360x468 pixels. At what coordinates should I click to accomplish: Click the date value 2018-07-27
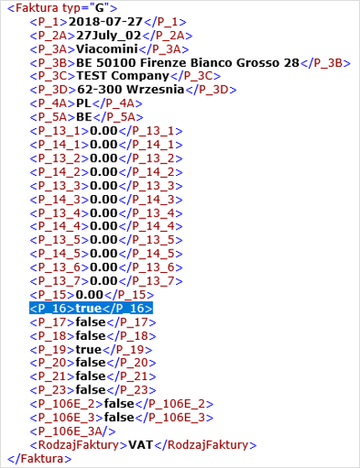[x=106, y=22]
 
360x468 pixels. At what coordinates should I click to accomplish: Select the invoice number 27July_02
[x=109, y=35]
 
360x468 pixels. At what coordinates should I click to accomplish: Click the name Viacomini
[x=107, y=49]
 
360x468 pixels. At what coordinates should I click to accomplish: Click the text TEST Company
[x=123, y=76]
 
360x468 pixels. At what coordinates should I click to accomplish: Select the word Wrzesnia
[x=155, y=90]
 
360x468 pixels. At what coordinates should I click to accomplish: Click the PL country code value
[x=84, y=103]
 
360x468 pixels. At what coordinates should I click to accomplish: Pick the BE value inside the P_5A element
[x=85, y=117]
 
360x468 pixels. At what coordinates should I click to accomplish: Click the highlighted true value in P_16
[x=89, y=308]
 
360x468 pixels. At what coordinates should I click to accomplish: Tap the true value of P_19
[x=89, y=349]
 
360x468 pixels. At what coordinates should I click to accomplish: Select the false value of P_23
[x=90, y=390]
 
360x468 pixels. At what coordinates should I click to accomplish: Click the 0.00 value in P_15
[x=90, y=295]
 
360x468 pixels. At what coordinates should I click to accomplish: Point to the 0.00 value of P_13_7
[x=104, y=281]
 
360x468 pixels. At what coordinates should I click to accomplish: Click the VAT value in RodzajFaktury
[x=141, y=445]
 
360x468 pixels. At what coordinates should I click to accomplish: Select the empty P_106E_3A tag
[x=73, y=431]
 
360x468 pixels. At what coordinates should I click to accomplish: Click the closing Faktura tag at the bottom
[x=39, y=459]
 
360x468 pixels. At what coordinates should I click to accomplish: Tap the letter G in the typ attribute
[x=100, y=8]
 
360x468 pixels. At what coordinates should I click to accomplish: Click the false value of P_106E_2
[x=119, y=404]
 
